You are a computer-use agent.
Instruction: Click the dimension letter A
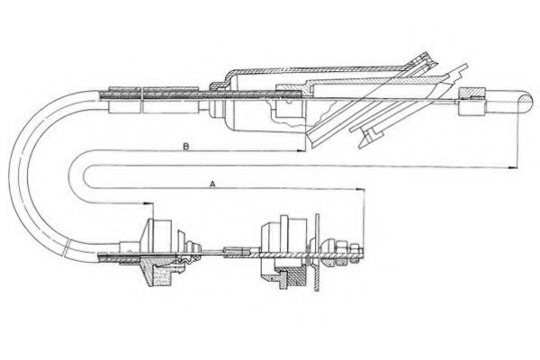(x=212, y=184)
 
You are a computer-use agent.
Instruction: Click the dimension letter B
(x=185, y=147)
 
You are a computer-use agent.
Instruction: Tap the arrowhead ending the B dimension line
(x=301, y=150)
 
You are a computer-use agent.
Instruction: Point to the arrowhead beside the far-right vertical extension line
(x=513, y=167)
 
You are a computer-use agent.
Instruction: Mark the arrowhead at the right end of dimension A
(x=360, y=189)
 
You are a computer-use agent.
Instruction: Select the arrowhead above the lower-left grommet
(x=148, y=203)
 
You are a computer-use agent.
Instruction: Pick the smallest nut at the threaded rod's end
(x=355, y=254)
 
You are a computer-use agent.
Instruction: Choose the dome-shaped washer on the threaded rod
(x=328, y=254)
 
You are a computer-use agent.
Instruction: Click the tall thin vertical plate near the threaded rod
(x=317, y=253)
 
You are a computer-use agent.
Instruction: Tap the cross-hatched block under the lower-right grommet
(x=294, y=277)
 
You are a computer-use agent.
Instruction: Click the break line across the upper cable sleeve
(x=141, y=100)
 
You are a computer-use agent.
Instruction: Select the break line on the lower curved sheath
(x=67, y=247)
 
